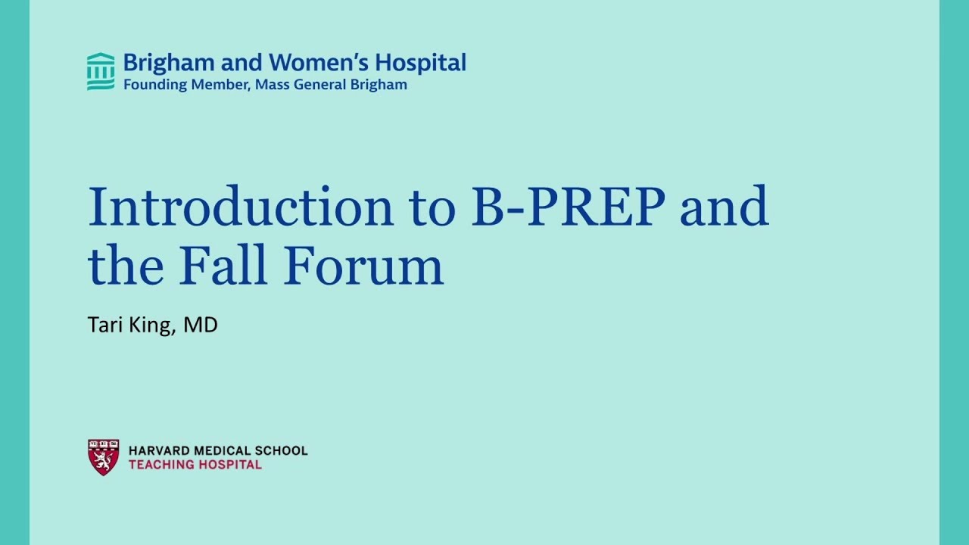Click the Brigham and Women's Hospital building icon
(101, 72)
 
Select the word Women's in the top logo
(306, 62)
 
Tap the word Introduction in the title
(241, 207)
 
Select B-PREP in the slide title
(569, 207)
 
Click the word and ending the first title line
(724, 207)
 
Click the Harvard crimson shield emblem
(103, 456)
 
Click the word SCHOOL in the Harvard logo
(282, 451)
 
